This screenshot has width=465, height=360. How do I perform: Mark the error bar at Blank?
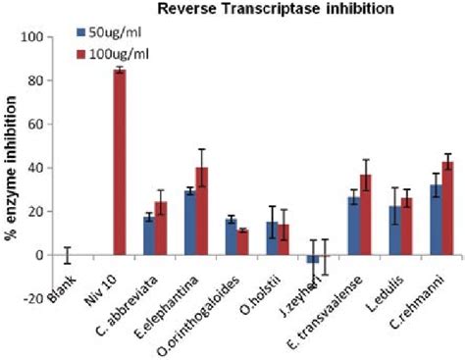pyautogui.click(x=66, y=255)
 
